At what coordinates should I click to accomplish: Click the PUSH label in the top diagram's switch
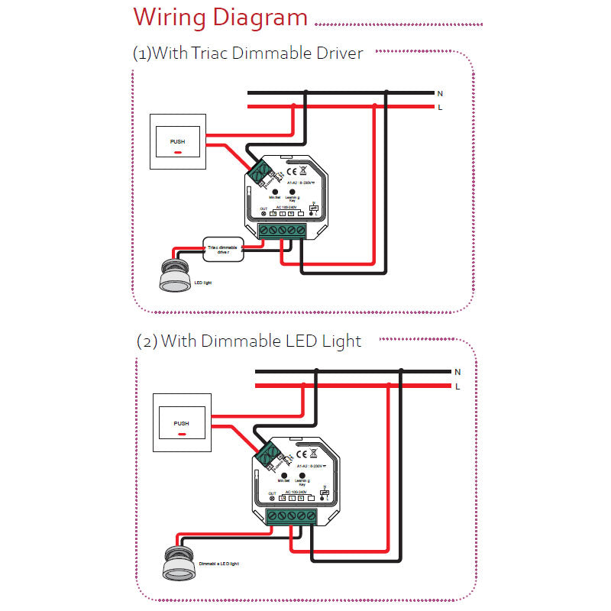(177, 142)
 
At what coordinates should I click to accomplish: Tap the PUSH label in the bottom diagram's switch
(181, 423)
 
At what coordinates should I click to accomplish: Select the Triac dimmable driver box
(223, 247)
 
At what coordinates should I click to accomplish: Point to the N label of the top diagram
(439, 93)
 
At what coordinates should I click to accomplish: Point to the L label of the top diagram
(439, 108)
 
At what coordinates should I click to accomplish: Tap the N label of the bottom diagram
(457, 372)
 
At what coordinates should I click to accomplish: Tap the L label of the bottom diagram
(457, 387)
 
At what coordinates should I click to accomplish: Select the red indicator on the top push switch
(177, 152)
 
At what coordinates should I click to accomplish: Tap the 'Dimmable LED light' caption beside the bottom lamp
(219, 564)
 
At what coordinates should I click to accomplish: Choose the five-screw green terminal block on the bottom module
(291, 517)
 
